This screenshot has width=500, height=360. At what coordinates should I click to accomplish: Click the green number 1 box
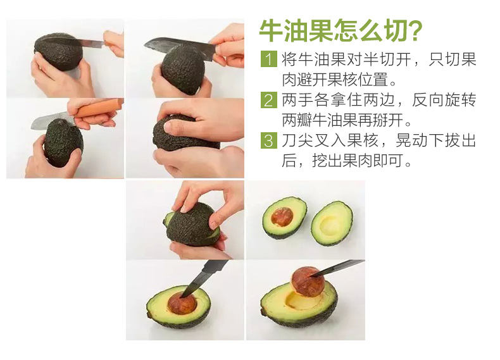268,59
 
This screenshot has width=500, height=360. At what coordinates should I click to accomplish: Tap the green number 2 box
268,100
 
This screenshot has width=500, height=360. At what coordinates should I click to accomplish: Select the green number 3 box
268,140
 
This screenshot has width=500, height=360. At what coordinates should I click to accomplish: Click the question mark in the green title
415,31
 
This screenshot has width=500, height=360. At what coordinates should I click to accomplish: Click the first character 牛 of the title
271,30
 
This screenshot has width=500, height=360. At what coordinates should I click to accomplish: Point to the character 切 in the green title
393,30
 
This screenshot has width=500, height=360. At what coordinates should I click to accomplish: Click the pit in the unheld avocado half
282,217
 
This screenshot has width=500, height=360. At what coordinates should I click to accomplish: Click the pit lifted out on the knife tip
308,282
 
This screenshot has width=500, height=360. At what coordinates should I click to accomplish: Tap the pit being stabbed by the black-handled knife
182,303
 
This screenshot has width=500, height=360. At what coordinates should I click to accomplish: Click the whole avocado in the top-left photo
58,52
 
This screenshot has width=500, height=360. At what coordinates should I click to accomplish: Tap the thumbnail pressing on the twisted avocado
168,127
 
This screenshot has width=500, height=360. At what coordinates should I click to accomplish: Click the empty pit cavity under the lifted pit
300,301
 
